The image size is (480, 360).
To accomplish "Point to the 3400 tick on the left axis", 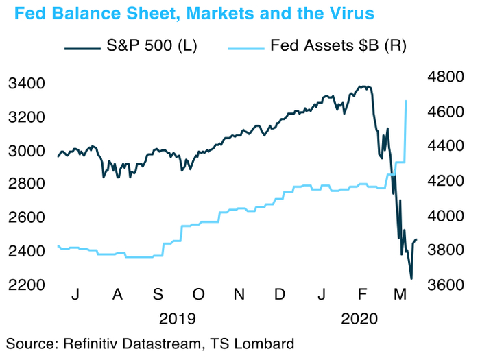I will (x=25, y=84).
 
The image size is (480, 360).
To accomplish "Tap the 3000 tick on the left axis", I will (x=25, y=151).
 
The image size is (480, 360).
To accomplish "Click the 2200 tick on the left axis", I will (x=25, y=285).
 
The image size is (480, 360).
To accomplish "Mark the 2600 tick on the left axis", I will (x=25, y=218).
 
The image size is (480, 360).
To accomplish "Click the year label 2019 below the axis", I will (x=177, y=318).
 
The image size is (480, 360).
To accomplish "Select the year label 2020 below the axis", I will (x=359, y=318).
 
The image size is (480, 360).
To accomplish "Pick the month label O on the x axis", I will (x=197, y=295).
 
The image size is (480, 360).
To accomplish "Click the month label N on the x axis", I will (x=239, y=295).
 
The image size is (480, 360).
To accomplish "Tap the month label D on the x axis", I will (x=280, y=295).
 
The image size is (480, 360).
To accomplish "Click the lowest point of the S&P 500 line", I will (x=411, y=278).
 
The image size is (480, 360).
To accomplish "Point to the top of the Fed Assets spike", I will (x=407, y=101).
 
